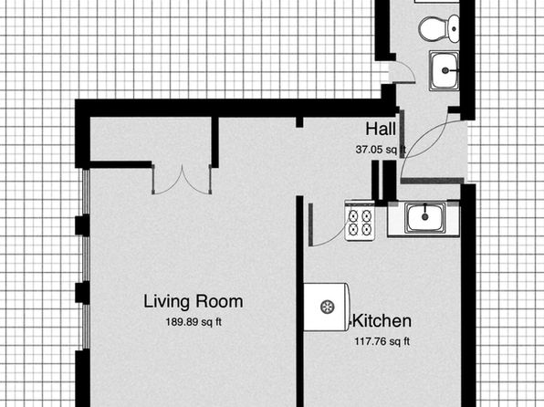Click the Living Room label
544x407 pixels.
[194, 301]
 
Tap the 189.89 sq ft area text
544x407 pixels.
[194, 322]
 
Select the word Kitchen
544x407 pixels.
[382, 320]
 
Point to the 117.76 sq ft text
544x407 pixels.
[382, 341]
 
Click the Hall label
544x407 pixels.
[381, 129]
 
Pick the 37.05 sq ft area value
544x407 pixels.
[381, 150]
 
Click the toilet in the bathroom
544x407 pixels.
[439, 28]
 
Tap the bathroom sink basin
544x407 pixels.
[445, 71]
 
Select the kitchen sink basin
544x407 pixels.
[425, 217]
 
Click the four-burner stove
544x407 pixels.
[360, 222]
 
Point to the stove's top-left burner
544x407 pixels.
[353, 215]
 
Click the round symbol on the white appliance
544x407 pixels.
[327, 307]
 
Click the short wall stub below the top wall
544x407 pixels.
[299, 122]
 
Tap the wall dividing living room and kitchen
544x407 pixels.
[300, 301]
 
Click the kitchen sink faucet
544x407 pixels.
[425, 212]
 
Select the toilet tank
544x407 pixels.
[454, 28]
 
